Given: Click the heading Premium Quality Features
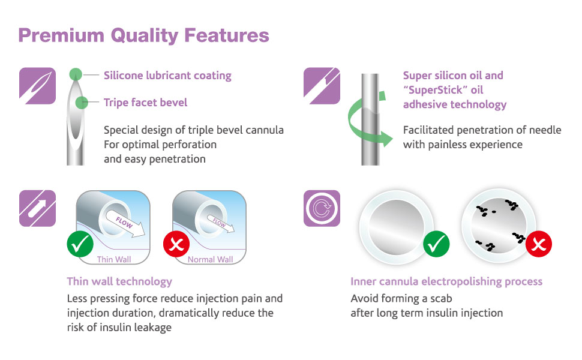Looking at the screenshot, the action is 143,36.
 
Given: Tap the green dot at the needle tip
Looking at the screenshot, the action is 76,74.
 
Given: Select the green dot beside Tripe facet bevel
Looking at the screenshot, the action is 82,103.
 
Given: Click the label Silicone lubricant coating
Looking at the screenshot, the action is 167,76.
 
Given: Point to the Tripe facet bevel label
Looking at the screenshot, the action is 145,103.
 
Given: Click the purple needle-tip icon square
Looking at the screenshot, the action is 37,86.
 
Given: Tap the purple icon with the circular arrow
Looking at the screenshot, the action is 322,208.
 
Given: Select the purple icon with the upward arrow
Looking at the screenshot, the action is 37,208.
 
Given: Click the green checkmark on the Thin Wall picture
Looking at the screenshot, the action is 80,244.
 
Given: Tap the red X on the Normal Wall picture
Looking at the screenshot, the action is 176,244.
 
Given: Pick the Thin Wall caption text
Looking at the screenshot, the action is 114,259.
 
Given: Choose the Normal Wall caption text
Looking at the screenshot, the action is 211,259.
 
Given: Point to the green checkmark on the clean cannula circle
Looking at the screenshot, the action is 437,244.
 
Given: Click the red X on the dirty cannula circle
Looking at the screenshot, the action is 539,244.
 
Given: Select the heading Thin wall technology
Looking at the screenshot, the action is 119,281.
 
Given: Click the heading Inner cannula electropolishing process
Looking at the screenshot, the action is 446,281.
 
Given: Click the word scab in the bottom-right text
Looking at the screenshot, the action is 441,298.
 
